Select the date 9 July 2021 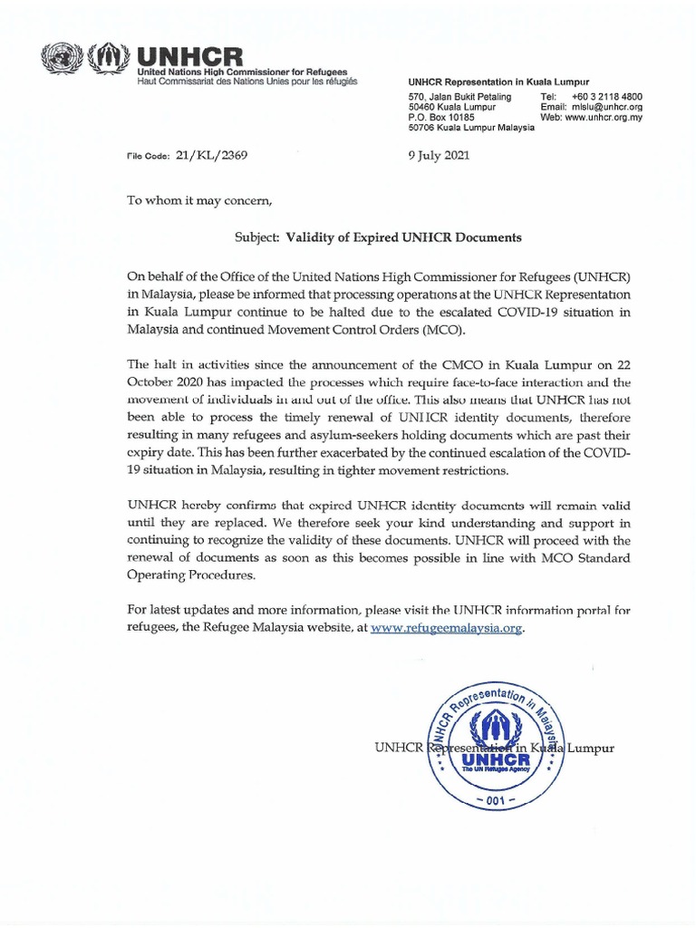pos(440,155)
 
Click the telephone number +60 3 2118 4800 pos(606,96)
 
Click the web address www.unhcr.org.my pos(604,118)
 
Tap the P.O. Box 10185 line pos(443,118)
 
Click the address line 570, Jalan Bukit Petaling pos(460,96)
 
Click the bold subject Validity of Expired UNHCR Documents pos(404,237)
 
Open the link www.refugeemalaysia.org pos(448,627)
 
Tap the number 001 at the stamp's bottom pos(496,802)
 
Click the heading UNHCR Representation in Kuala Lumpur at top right pos(498,82)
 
